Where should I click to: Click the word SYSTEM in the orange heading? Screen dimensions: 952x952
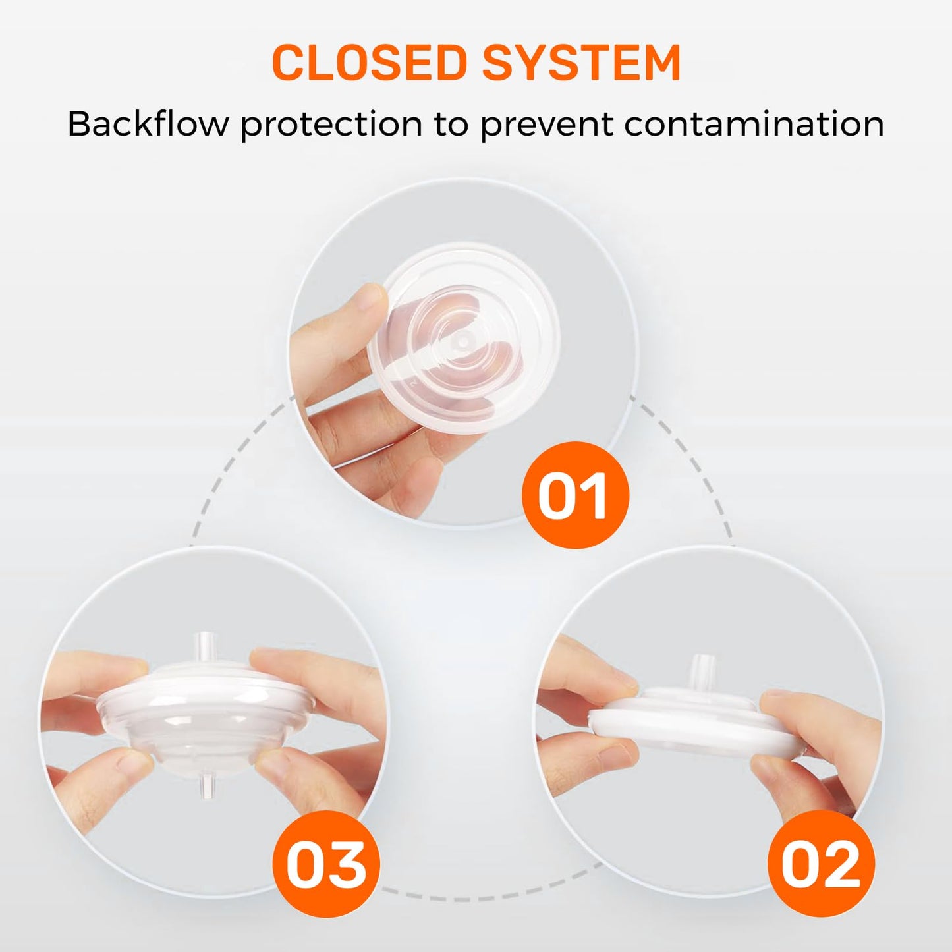pyautogui.click(x=582, y=63)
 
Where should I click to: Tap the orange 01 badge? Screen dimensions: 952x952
pyautogui.click(x=575, y=495)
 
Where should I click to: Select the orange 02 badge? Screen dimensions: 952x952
pyautogui.click(x=821, y=864)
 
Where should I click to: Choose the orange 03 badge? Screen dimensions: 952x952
pyautogui.click(x=326, y=864)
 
